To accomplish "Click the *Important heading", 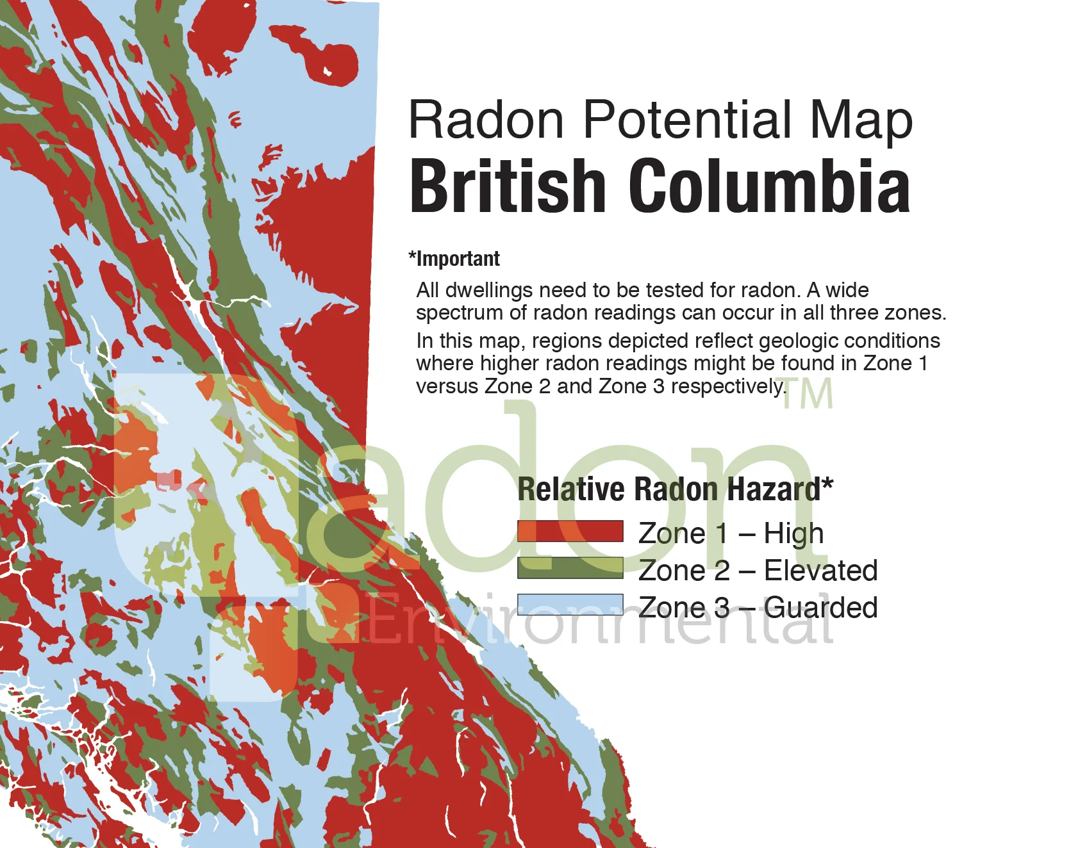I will pyautogui.click(x=454, y=259).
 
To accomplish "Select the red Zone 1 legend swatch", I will pyautogui.click(x=570, y=532).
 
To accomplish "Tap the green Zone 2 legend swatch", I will pyautogui.click(x=570, y=568).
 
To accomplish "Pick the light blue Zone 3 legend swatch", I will pyautogui.click(x=570, y=605).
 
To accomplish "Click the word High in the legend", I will pyautogui.click(x=793, y=534).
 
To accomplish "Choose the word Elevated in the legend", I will pyautogui.click(x=820, y=570).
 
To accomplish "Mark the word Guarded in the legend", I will pyautogui.click(x=820, y=607).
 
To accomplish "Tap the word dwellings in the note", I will pyautogui.click(x=488, y=291).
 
